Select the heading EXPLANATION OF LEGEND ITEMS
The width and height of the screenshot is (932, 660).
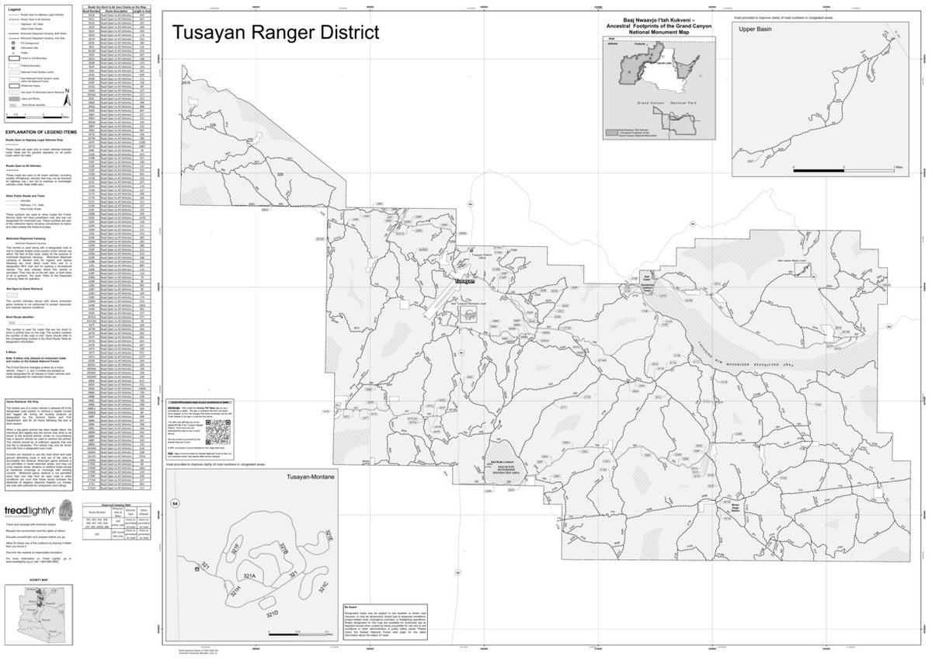tap(41, 132)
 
